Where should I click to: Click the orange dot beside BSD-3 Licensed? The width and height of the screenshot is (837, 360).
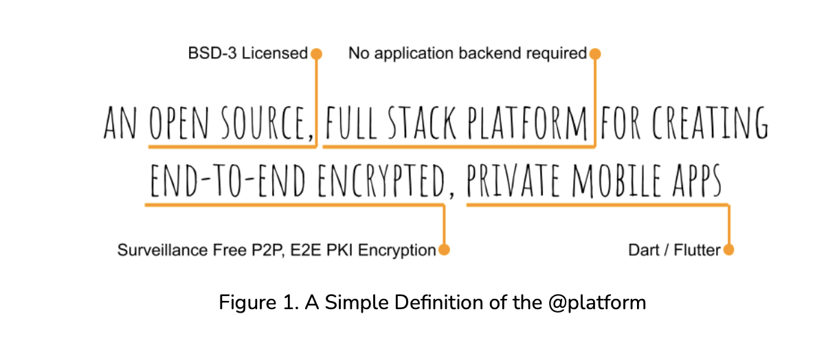pos(316,54)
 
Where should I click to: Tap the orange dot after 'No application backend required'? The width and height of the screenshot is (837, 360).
pos(595,54)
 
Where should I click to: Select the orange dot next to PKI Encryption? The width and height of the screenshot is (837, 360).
pos(444,250)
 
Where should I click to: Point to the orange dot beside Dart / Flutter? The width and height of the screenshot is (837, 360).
pos(728,250)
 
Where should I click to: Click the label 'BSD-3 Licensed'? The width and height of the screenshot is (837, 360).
pos(248,54)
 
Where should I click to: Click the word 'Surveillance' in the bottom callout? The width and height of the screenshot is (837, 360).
pos(153,250)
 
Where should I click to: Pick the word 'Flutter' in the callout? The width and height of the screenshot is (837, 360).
pos(697,250)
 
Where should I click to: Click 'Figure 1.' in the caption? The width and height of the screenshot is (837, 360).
pos(252,302)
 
